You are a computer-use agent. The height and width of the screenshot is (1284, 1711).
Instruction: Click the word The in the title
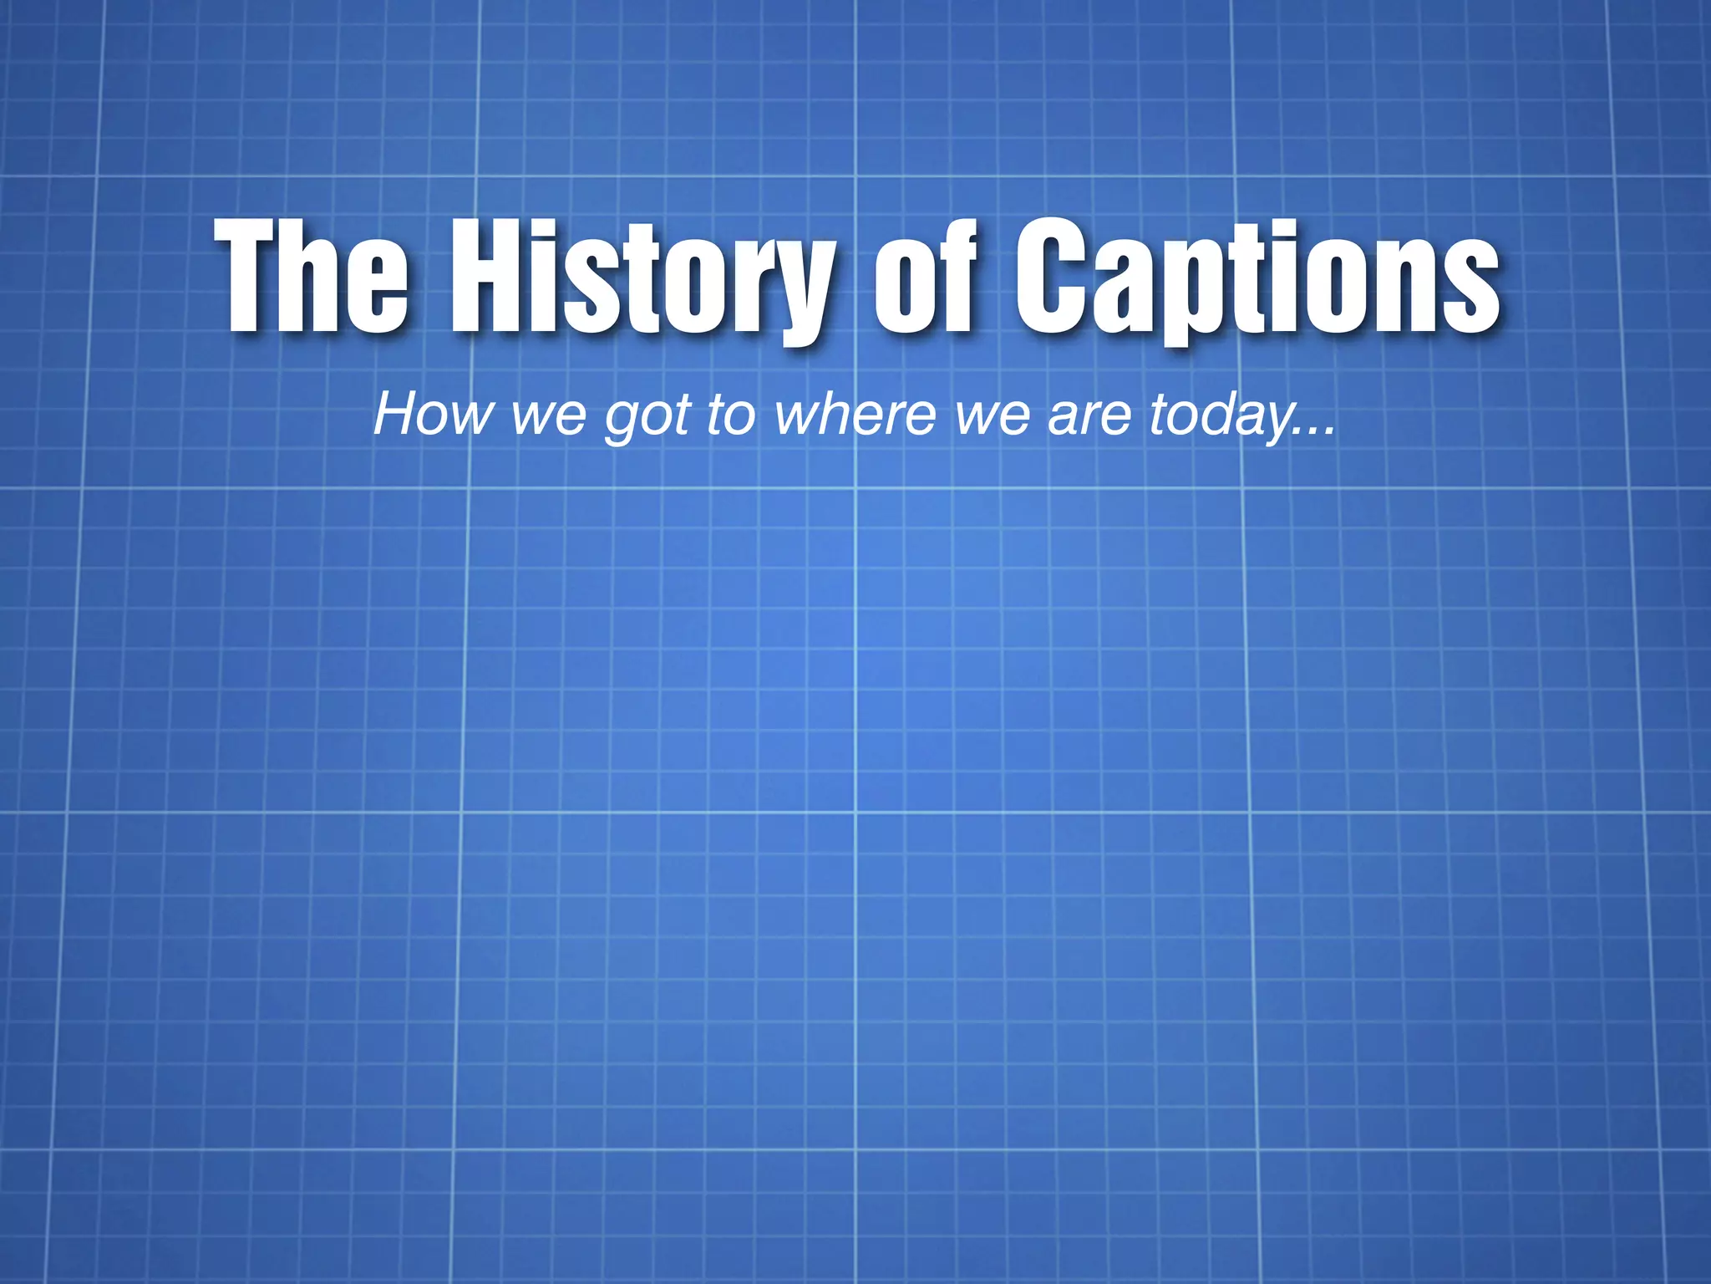[x=312, y=276]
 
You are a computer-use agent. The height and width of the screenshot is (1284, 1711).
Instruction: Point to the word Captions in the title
[x=1257, y=280]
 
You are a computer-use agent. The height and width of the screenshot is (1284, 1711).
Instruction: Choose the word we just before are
[x=993, y=415]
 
